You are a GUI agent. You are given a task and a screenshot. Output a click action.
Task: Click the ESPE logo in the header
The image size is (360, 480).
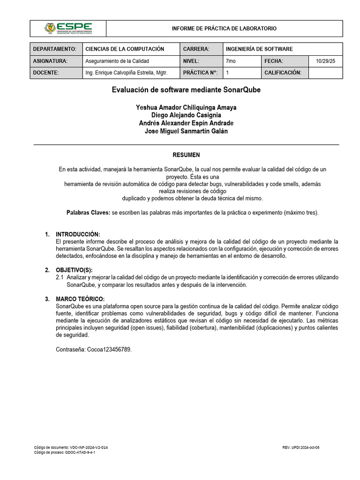coord(68,28)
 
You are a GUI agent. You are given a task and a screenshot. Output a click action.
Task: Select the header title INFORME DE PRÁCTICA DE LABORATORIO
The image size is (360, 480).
coord(224,29)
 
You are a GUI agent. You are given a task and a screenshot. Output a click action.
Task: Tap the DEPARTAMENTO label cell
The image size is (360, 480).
coord(55,49)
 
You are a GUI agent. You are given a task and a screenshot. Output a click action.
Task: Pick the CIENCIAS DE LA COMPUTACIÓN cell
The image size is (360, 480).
coord(125,49)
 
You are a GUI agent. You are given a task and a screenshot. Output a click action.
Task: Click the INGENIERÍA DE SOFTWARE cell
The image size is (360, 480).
coord(259,49)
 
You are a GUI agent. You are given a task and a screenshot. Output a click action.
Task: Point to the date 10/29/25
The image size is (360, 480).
coord(326,61)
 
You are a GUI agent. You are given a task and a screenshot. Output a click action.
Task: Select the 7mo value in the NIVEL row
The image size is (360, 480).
coord(231,61)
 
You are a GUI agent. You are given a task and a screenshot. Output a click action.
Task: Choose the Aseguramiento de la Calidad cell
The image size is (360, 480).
coord(118,61)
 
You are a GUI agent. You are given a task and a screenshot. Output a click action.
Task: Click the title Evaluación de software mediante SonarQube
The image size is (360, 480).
coord(186,90)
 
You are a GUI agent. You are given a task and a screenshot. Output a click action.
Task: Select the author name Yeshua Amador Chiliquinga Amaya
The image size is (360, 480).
coord(186,107)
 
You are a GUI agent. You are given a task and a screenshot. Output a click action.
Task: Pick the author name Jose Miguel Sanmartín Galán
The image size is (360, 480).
coord(186,131)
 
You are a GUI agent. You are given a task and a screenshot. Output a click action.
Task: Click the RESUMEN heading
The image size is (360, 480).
coord(186,155)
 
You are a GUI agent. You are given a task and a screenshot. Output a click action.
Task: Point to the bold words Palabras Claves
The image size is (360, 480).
coord(88,212)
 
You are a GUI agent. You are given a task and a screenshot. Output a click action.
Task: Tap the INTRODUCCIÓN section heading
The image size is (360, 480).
coord(78,234)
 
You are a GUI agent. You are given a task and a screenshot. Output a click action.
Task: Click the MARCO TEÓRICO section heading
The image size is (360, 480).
coord(80,299)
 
